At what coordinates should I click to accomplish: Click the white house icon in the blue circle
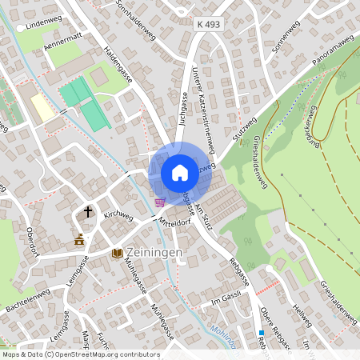pos(179,172)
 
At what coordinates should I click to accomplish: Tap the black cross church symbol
pos(88,213)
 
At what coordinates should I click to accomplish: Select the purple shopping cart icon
pos(160,202)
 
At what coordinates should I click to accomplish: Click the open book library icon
pos(118,253)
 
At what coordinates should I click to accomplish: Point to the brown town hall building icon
pos(79,239)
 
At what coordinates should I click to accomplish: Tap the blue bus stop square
pos(261,333)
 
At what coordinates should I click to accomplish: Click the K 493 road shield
pos(208,26)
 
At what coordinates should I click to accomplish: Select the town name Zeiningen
pos(154,253)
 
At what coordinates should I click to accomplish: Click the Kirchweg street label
pos(118,216)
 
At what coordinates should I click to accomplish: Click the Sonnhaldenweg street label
pos(134,17)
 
